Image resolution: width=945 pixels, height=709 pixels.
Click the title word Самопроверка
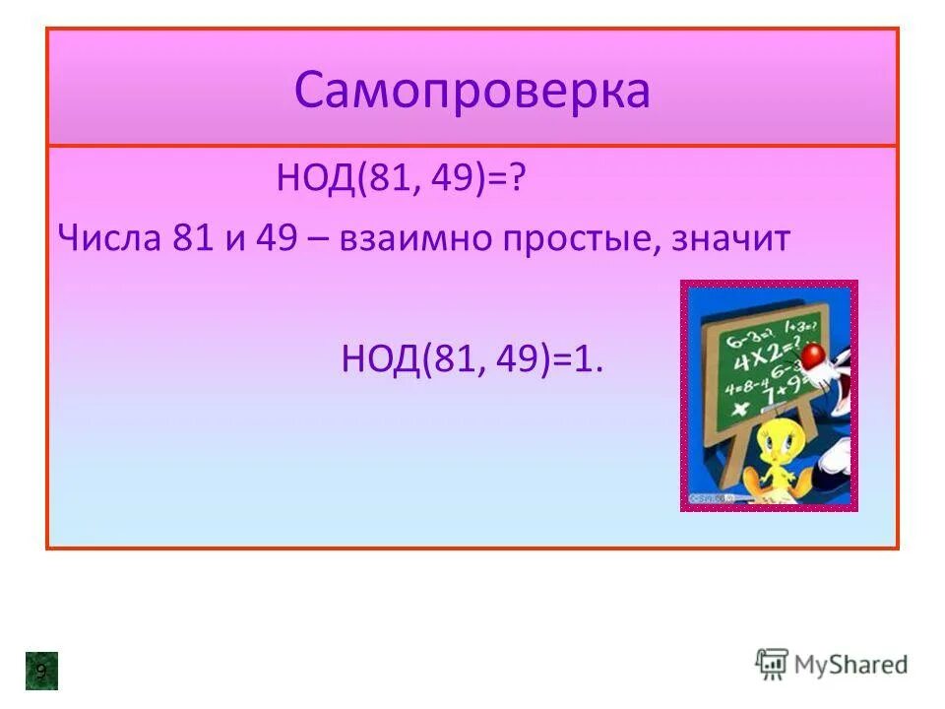pos(472,92)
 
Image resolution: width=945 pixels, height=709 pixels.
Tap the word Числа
pos(108,239)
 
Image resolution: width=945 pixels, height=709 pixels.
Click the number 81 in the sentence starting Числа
pos(193,239)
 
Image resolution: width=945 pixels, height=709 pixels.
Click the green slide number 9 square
pos(41,671)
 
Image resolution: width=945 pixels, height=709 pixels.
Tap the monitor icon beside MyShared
pos(772,665)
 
